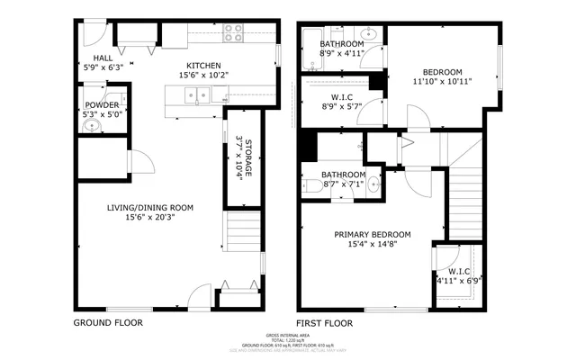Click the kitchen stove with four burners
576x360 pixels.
click(x=233, y=32)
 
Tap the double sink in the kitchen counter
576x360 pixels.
click(x=197, y=94)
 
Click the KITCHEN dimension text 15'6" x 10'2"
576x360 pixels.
click(x=203, y=76)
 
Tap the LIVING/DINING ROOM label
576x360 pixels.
click(x=150, y=207)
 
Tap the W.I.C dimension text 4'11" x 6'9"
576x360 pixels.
click(x=460, y=281)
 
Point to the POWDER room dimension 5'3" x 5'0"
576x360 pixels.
click(x=102, y=114)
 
